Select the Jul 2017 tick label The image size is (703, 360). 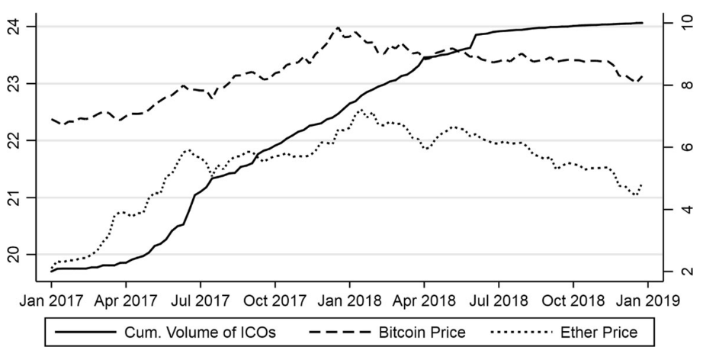pos(200,301)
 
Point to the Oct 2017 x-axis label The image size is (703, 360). pos(274,301)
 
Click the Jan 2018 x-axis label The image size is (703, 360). pos(349,301)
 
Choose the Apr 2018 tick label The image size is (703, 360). pos(423,301)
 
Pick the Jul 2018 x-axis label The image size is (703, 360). pos(498,301)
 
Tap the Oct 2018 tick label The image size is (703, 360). pos(573,301)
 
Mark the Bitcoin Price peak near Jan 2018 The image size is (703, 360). pos(338,27)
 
